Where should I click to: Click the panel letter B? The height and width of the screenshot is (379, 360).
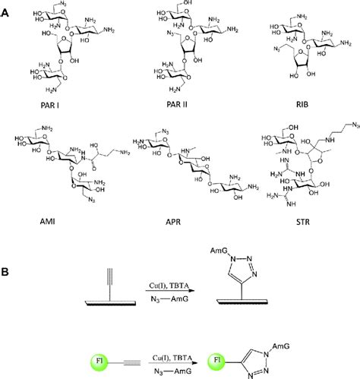(6, 270)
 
